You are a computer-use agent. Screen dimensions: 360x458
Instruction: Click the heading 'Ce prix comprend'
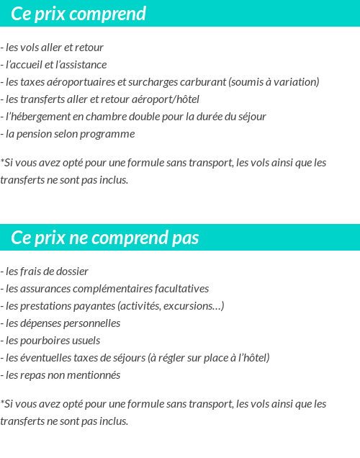[78, 14]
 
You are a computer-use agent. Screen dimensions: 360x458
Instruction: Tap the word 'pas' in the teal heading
[185, 238]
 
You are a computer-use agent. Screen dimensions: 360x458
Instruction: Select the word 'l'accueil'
[24, 65]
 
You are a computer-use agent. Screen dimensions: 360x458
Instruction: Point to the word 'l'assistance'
[81, 65]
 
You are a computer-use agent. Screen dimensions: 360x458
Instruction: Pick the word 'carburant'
[203, 82]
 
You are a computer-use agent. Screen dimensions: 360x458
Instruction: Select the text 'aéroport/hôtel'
[166, 99]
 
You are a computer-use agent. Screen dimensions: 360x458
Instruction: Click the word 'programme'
[111, 134]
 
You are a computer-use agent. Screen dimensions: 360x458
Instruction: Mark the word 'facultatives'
[181, 289]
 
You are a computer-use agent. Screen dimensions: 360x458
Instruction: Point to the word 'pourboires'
[42, 341]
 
